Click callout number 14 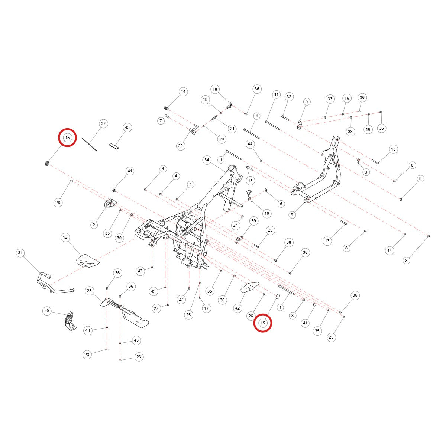click(x=183, y=92)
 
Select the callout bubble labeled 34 click(x=207, y=160)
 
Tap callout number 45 click(x=127, y=127)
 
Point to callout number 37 click(x=103, y=124)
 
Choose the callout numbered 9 click(x=292, y=215)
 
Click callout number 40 click(x=47, y=311)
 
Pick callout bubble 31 click(x=20, y=253)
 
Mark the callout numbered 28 click(x=89, y=291)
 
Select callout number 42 click(x=237, y=308)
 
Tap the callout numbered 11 click(x=277, y=94)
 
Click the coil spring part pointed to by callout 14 click(x=166, y=108)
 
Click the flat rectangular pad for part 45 click(x=114, y=146)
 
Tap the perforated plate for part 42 click(x=250, y=287)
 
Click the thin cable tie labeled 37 click(x=89, y=145)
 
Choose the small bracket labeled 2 click(x=111, y=203)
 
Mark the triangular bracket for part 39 click(x=239, y=240)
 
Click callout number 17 click(x=206, y=308)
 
